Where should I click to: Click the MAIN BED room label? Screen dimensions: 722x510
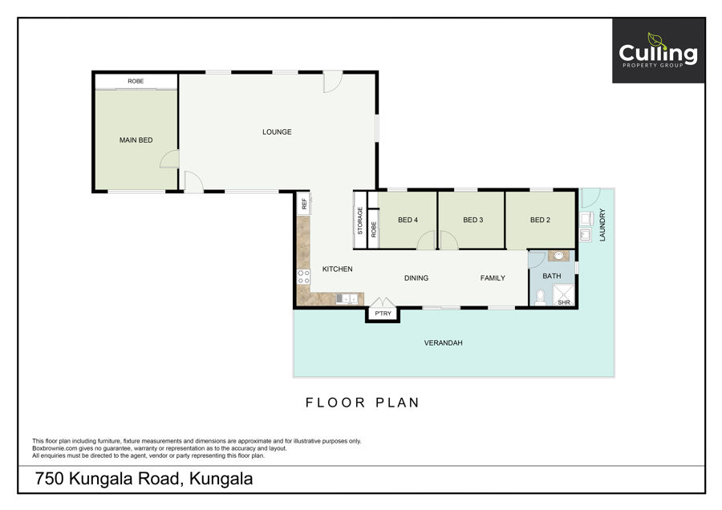click(136, 140)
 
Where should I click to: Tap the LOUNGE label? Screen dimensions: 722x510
click(277, 132)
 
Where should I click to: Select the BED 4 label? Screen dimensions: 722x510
click(408, 220)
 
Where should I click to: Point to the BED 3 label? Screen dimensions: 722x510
click(473, 220)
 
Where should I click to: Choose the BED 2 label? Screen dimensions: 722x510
click(540, 220)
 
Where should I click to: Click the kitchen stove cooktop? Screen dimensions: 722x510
click(303, 277)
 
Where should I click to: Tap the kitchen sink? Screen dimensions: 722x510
click(347, 299)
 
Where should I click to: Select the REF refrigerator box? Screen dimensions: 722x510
click(304, 204)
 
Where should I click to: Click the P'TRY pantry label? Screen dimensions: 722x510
click(383, 314)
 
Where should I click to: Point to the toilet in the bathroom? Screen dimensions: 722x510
click(541, 297)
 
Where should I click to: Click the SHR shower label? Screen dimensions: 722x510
click(564, 302)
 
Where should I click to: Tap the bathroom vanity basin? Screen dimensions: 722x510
click(558, 256)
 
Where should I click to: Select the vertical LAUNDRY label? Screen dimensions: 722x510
click(602, 225)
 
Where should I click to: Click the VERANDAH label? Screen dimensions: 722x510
click(443, 343)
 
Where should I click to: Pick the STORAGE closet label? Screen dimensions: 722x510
click(360, 221)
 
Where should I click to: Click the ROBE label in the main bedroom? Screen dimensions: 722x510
click(136, 81)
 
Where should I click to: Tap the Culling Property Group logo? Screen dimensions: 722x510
click(659, 51)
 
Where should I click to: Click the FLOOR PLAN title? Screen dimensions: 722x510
click(363, 403)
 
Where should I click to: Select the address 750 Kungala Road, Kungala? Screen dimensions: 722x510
click(144, 479)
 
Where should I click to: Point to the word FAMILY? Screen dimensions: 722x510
click(493, 278)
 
